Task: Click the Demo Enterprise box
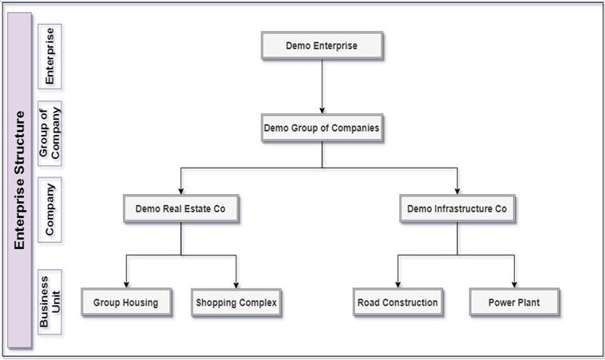click(322, 45)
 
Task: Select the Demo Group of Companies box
click(322, 128)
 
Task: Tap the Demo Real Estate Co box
click(182, 209)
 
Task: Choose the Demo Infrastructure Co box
click(457, 209)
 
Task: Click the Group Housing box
click(126, 303)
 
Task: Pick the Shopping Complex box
click(237, 303)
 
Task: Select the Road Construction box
click(397, 303)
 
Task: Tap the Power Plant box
click(514, 303)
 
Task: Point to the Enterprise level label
click(50, 55)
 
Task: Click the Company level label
click(50, 208)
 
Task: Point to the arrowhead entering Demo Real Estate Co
click(182, 192)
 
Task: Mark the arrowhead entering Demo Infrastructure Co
click(457, 192)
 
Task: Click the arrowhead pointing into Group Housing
click(126, 286)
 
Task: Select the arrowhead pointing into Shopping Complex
click(237, 286)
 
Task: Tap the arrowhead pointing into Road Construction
click(397, 286)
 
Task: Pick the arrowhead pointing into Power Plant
click(514, 286)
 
